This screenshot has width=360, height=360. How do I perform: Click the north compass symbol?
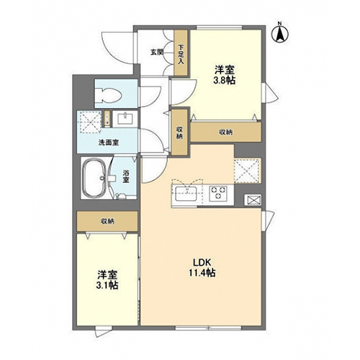point(280,33)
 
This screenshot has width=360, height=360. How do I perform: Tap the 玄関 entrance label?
point(157,52)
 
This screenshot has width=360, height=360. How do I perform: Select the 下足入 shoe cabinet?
point(181,53)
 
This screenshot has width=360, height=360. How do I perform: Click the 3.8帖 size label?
point(225,81)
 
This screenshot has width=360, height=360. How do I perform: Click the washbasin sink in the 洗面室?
point(125,119)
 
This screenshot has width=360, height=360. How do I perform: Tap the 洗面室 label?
point(109,143)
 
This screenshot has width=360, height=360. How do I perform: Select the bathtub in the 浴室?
point(94,178)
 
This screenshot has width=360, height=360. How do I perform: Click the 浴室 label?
point(126,176)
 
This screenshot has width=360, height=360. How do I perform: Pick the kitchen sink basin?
point(186,194)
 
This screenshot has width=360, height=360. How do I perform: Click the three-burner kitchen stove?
point(218,193)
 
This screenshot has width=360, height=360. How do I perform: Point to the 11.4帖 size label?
point(202,273)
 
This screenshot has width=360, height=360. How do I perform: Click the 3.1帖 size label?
point(107,285)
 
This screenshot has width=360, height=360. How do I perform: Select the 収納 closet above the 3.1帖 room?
point(107,221)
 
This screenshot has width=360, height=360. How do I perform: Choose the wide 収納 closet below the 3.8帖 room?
point(226,132)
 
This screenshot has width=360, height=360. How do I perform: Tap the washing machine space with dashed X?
point(91,122)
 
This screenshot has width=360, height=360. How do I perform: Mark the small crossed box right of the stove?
point(253,200)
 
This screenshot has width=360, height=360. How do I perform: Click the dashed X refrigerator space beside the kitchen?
point(248,171)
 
